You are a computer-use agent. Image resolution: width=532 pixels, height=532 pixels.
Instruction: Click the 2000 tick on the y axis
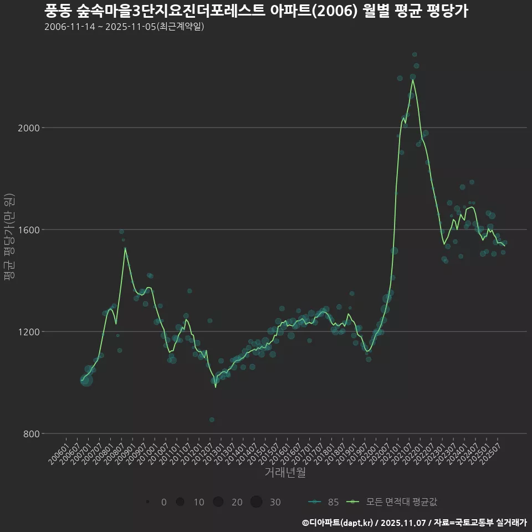pos(29,128)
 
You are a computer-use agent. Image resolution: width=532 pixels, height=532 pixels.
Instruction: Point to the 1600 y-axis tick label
pos(29,230)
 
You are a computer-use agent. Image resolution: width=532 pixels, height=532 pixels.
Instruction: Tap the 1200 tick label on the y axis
pos(29,332)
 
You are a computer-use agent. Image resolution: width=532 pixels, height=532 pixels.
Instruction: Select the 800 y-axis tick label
pos(31,434)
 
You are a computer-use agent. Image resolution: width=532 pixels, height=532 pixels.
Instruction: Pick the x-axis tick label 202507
pos(492,452)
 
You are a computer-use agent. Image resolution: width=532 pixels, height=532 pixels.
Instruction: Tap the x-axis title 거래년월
pos(285,473)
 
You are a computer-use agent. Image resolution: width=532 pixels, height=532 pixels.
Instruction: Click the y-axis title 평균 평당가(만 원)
pos(9,238)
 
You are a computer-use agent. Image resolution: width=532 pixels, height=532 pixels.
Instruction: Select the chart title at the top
pos(256,11)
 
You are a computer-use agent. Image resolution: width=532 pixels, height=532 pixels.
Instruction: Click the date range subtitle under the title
pos(124,27)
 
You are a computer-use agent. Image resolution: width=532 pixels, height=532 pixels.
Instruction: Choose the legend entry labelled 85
pos(324,502)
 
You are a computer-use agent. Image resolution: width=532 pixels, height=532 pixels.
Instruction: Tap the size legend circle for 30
pos(256,502)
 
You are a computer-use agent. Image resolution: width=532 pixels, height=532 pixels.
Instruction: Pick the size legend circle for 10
pos(180,502)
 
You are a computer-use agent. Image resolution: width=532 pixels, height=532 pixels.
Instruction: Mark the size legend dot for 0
pos(147,502)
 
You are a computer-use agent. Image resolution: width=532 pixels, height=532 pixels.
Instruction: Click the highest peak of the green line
pos(412,79)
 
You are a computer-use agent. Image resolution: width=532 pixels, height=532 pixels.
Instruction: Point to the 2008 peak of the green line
pos(125,248)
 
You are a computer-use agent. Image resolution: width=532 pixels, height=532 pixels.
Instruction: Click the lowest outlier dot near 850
pos(212,420)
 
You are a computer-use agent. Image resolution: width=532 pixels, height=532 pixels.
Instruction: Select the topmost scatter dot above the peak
pos(415,54)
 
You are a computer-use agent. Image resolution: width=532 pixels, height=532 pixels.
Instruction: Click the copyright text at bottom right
pos(414,523)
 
